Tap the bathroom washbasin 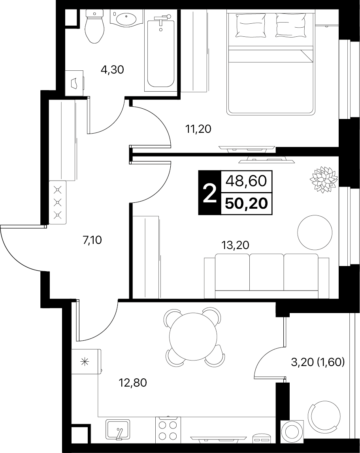point(126,19)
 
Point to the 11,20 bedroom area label point(198,129)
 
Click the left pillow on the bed point(251,25)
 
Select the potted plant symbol point(324,179)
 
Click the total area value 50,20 point(247,204)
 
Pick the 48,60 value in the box point(246,181)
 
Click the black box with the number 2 point(209,193)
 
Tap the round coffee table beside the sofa point(315,232)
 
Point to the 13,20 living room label point(235,245)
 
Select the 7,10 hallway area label point(92,240)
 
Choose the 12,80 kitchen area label point(133,383)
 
